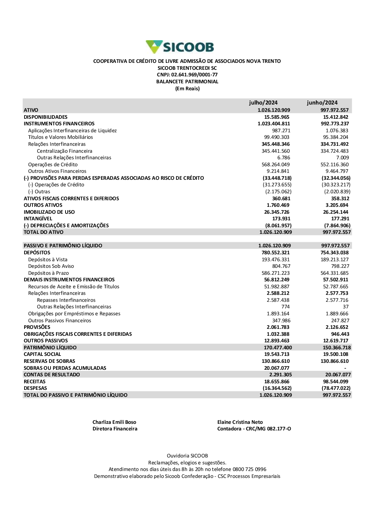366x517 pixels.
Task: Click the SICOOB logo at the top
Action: (x=180, y=47)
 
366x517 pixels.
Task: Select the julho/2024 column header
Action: (x=263, y=103)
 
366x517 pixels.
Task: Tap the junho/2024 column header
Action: (x=322, y=103)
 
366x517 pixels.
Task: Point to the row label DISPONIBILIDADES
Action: (x=46, y=117)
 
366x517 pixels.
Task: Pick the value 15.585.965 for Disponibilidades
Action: (x=277, y=117)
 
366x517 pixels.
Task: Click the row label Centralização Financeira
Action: (x=64, y=151)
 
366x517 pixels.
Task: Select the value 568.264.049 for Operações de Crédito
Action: (x=276, y=164)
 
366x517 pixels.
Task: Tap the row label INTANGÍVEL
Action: (x=38, y=218)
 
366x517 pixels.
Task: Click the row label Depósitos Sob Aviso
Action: (x=51, y=266)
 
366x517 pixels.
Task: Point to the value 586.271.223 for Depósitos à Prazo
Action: (x=276, y=273)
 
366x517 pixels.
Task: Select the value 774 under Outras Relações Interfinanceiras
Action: (x=285, y=307)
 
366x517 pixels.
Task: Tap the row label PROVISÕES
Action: (x=37, y=327)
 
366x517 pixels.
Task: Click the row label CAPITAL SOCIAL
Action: (x=42, y=354)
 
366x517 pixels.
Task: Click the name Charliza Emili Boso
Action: (x=114, y=422)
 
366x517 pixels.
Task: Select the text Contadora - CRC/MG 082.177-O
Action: (x=254, y=429)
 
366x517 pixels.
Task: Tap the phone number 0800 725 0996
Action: (x=250, y=469)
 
